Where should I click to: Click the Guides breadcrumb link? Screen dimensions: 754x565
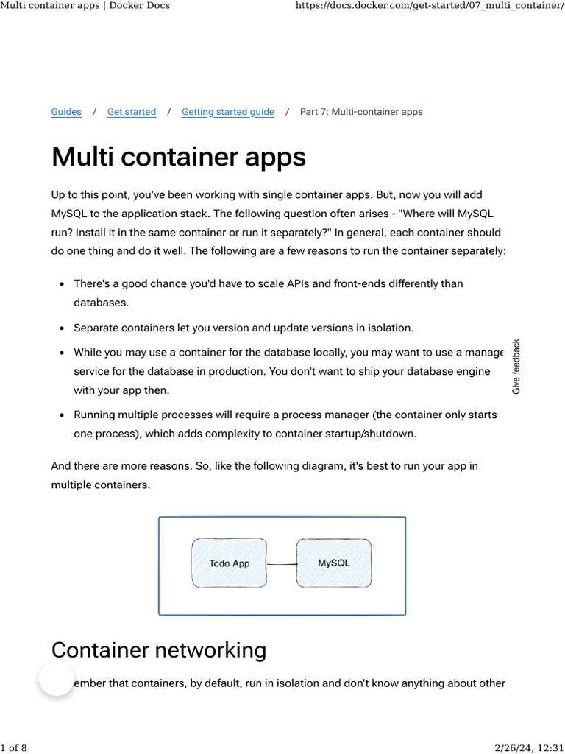[x=66, y=112]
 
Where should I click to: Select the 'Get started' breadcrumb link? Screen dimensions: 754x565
[x=132, y=112]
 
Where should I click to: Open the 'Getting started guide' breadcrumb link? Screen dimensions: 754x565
[x=228, y=112]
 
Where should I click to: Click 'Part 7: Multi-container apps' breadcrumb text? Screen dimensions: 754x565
[x=361, y=112]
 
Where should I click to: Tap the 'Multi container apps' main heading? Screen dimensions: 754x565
[x=179, y=158]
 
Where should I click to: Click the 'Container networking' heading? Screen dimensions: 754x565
[x=159, y=650]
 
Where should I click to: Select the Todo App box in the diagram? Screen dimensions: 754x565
[x=230, y=563]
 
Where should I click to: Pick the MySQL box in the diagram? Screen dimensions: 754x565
[x=334, y=563]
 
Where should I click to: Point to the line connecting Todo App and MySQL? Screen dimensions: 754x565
[x=282, y=564]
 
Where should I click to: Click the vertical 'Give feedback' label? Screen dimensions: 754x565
[x=516, y=366]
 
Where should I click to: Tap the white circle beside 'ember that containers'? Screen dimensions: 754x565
[x=57, y=679]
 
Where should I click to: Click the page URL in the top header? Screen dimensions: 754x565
[x=429, y=6]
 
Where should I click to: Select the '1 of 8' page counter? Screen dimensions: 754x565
[x=14, y=748]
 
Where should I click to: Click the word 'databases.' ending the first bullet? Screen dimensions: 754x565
[x=101, y=303]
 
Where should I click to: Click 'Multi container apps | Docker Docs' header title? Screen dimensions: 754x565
[x=85, y=6]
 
